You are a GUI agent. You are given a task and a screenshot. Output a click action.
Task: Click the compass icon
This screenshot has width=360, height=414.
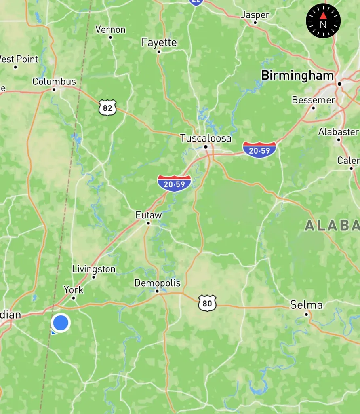323,21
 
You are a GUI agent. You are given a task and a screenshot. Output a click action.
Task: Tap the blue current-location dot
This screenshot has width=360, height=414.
61,323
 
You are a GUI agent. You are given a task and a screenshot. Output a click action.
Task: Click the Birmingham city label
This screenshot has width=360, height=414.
298,76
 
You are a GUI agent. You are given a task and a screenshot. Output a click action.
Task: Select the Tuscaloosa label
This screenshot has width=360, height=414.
206,138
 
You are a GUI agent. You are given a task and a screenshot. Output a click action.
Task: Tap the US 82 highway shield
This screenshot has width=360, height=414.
107,108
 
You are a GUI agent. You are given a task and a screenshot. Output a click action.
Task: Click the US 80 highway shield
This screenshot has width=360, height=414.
207,303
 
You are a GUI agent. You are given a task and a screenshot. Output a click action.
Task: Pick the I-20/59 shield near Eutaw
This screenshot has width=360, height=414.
174,184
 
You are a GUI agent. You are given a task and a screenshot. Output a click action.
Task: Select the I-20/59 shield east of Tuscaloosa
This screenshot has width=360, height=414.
259,150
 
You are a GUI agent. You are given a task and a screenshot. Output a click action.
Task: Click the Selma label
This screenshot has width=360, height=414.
306,305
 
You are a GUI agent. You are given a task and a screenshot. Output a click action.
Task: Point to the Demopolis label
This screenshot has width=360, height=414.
158,283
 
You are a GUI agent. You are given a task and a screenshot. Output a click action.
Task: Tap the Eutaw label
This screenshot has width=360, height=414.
149,215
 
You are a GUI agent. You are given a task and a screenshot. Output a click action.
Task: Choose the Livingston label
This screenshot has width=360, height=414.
94,269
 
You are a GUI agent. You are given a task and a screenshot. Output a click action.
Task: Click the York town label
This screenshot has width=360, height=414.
74,290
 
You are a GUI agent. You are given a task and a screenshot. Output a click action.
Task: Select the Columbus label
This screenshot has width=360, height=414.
54,82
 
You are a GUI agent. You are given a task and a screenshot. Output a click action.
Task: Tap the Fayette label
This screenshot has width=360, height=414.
159,43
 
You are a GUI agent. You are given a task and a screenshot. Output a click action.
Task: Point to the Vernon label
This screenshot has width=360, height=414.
110,30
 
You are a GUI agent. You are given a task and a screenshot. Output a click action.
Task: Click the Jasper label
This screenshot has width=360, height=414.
255,15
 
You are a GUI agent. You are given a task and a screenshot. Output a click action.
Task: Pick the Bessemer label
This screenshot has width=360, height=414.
314,100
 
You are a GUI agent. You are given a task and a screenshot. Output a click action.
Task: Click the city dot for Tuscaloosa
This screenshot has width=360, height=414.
206,147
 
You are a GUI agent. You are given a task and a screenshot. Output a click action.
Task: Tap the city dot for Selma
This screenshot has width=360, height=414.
306,314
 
